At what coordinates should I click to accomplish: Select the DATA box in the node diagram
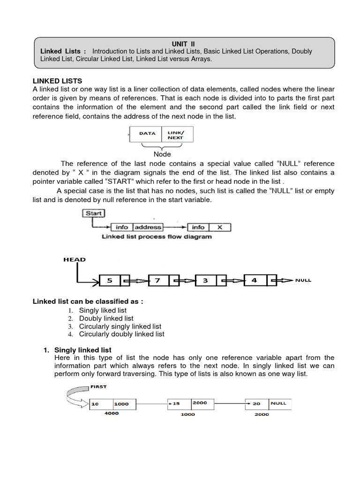click(x=146, y=134)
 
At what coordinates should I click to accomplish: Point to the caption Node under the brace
click(x=162, y=154)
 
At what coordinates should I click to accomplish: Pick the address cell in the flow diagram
click(x=148, y=227)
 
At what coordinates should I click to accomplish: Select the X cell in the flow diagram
click(x=219, y=227)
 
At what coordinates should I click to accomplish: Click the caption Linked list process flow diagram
click(x=157, y=237)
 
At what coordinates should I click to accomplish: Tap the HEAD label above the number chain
click(x=75, y=260)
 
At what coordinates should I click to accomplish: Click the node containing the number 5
click(x=110, y=280)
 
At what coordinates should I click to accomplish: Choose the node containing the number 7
click(x=158, y=280)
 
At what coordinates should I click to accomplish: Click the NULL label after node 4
click(x=303, y=280)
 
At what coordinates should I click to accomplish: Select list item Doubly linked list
click(x=106, y=318)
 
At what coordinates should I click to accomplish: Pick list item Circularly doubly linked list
click(x=121, y=334)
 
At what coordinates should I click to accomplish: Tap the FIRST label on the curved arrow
click(x=98, y=387)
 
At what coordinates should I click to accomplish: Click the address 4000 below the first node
click(x=111, y=413)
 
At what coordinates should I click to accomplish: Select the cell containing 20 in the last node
click(x=257, y=404)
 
